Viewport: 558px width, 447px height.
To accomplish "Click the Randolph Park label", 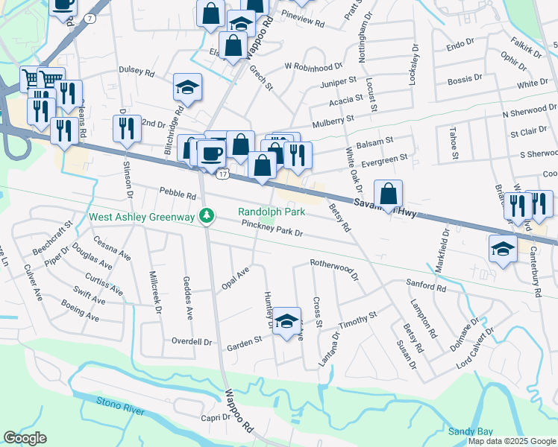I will [272, 212].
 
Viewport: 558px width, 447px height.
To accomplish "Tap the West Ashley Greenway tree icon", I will [207, 217].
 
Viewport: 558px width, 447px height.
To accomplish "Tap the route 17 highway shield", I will [222, 174].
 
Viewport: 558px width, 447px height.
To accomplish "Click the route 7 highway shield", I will [90, 17].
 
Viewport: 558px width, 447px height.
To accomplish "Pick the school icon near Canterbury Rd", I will [504, 249].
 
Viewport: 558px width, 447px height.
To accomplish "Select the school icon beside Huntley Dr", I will [286, 321].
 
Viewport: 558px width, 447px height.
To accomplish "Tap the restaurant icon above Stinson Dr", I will [127, 128].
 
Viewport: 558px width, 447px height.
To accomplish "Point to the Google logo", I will [25, 438].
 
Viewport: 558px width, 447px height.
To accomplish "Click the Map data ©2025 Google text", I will [512, 441].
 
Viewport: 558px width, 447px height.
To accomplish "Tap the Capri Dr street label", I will [215, 418].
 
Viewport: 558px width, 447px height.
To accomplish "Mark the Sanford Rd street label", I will [425, 285].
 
